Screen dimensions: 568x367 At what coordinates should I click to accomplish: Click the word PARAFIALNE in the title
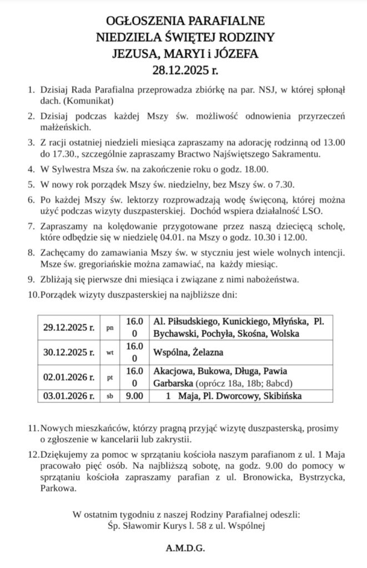tap(225, 22)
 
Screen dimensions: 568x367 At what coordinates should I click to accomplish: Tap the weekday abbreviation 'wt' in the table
tap(110, 352)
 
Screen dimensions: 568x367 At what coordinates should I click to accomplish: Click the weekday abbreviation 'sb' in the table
tap(110, 397)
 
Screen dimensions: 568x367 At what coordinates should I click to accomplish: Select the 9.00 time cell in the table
tap(134, 396)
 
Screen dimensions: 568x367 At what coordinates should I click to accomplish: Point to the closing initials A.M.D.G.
tap(185, 549)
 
